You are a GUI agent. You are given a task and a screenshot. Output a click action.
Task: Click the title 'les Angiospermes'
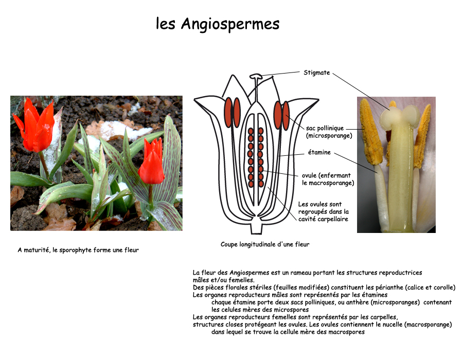pyautogui.click(x=218, y=24)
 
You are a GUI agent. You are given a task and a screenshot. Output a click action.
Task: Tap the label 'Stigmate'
pyautogui.click(x=316, y=73)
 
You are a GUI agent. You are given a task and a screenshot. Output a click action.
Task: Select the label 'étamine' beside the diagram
pyautogui.click(x=319, y=152)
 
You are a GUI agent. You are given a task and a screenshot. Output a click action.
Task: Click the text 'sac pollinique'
pyautogui.click(x=325, y=128)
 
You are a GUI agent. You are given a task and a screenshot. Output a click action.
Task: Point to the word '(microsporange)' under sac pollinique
pyautogui.click(x=329, y=136)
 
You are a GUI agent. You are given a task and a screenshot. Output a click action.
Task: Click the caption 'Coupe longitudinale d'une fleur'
pyautogui.click(x=265, y=244)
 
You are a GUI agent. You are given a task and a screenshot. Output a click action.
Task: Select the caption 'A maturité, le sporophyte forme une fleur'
pyautogui.click(x=78, y=250)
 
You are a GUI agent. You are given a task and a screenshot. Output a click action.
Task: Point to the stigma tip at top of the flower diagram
pyautogui.click(x=256, y=77)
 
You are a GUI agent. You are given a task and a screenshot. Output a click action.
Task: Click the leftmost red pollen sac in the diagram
pyautogui.click(x=228, y=112)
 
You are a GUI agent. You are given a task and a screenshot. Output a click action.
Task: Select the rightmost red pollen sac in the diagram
pyautogui.click(x=286, y=115)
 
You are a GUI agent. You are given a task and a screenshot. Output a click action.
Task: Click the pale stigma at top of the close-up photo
pyautogui.click(x=396, y=116)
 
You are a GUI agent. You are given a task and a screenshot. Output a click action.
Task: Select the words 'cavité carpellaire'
pyautogui.click(x=323, y=219)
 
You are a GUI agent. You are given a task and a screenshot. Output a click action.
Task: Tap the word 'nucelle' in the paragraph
pyautogui.click(x=385, y=325)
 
